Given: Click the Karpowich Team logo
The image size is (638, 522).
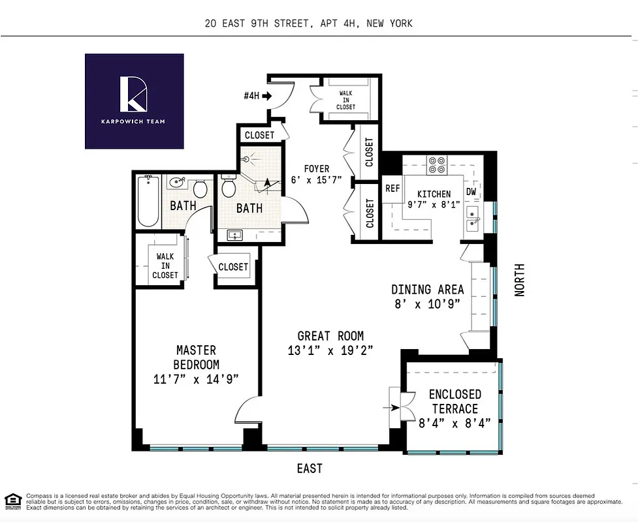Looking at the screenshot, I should [x=135, y=100].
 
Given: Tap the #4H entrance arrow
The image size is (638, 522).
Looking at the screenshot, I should [x=266, y=96].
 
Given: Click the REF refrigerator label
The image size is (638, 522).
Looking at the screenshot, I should [x=392, y=189].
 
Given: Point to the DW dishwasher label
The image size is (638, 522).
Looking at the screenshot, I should [x=471, y=192].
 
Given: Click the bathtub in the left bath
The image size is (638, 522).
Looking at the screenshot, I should [x=149, y=202].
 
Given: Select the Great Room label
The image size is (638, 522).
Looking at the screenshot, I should [x=330, y=337].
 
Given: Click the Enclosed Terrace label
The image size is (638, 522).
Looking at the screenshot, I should [x=455, y=402].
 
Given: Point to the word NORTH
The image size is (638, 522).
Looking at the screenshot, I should [x=520, y=280].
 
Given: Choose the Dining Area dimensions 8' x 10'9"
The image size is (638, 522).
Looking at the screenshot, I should [x=427, y=303].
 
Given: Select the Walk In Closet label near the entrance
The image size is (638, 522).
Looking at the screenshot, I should [x=345, y=100].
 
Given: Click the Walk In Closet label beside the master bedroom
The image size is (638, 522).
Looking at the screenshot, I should [x=165, y=266].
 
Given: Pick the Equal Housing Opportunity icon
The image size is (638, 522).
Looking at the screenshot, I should [x=12, y=501].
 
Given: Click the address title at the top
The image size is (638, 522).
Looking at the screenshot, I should [x=308, y=23].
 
